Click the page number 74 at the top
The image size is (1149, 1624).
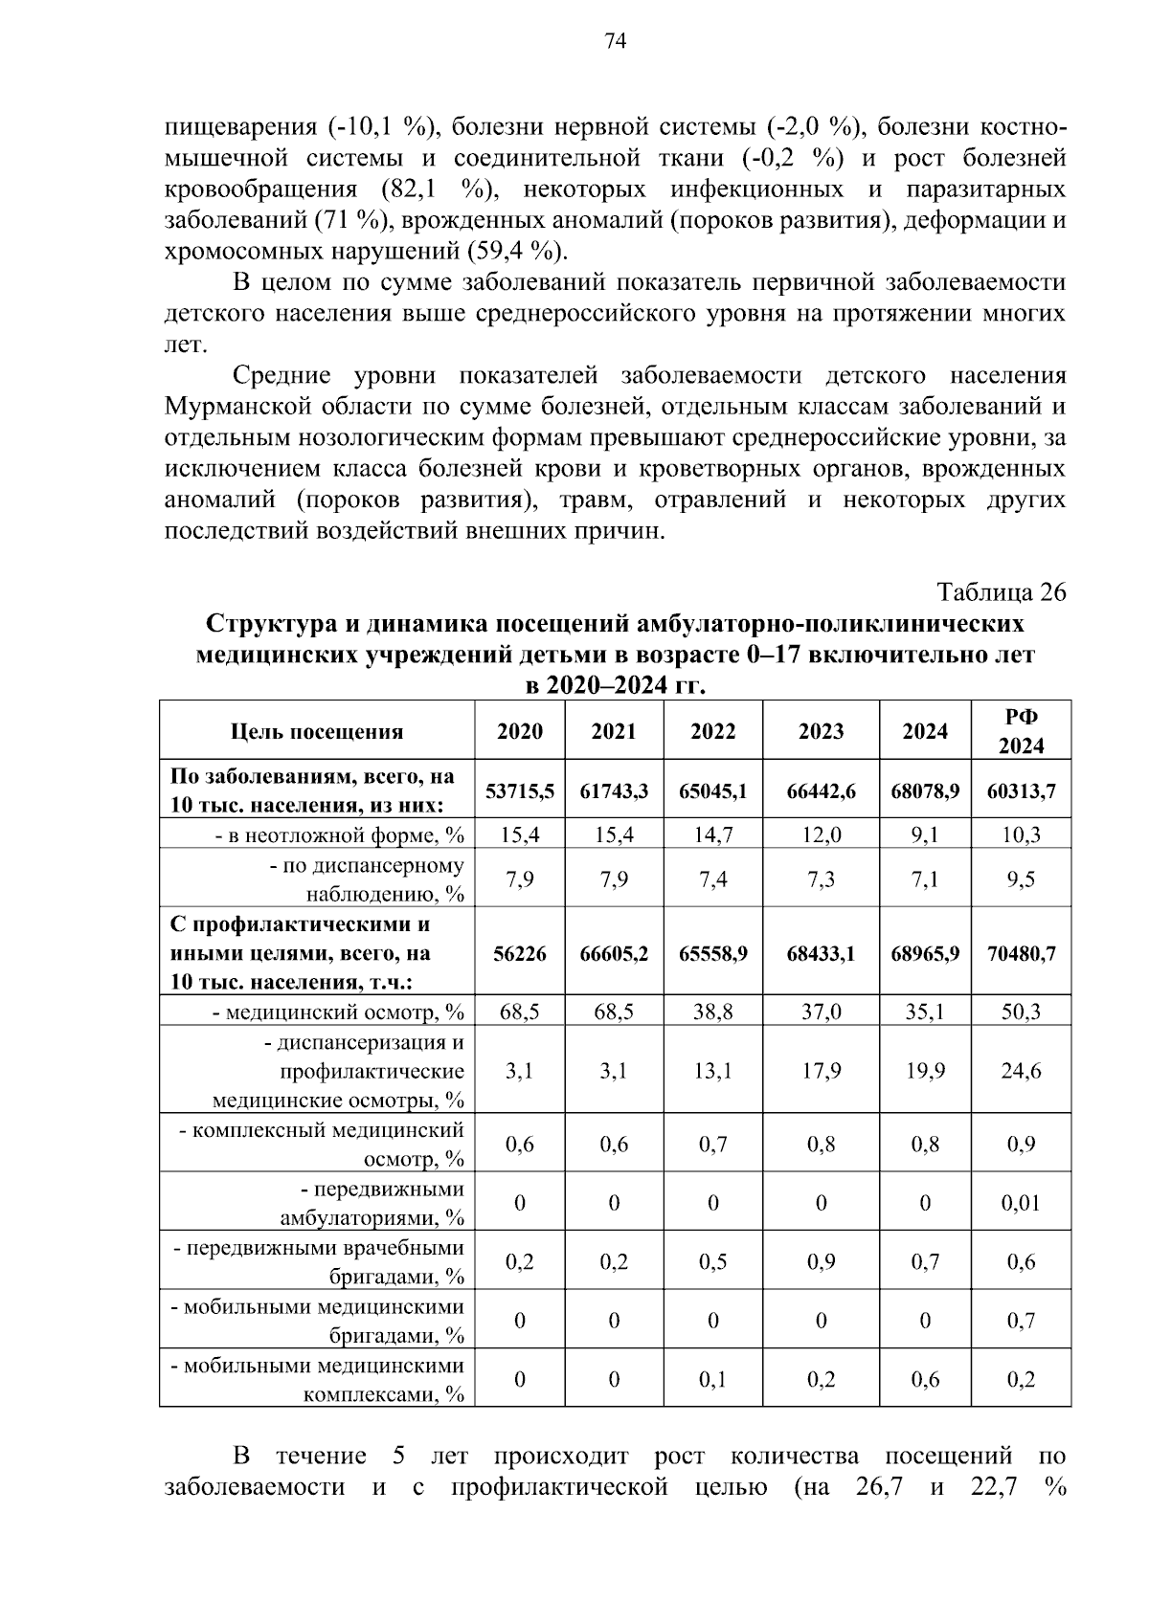615,41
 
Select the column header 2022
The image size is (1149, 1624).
712,731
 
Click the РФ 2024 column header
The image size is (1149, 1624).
1021,731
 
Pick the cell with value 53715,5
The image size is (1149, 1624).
519,791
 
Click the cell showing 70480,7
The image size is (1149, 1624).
1021,953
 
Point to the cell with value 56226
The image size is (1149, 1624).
519,953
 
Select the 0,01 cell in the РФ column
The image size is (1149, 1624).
1021,1203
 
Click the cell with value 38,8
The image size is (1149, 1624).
712,1012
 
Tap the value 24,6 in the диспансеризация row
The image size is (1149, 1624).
1021,1071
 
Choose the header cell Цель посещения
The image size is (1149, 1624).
317,732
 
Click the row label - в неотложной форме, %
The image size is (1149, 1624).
339,835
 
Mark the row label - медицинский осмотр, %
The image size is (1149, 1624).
337,1012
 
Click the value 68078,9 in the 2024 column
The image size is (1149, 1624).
925,791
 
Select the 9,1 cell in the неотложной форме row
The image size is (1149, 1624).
925,835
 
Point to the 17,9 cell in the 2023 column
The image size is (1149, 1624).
821,1071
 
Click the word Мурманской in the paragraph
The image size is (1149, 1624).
227,407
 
